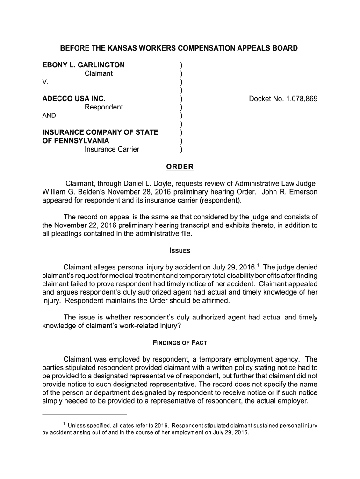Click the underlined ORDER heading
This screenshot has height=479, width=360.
point(180,167)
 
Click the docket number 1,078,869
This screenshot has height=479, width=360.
point(295,99)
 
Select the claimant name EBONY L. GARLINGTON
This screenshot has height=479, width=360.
point(84,65)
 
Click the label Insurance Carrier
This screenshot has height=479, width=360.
point(112,149)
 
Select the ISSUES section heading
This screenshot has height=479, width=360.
point(180,251)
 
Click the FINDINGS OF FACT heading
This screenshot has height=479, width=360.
point(180,343)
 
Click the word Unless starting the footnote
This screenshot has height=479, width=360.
point(78,425)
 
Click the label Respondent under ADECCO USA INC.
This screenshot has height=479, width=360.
point(103,107)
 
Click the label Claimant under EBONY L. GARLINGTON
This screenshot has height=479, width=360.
point(98,73)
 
